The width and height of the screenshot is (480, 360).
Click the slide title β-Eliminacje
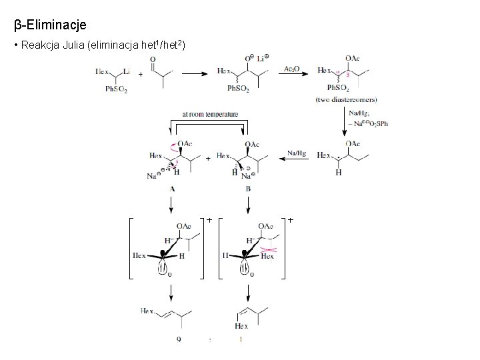coord(50,25)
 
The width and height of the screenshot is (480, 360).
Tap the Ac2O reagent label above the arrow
coord(292,68)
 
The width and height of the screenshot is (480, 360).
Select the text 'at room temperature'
coord(209,115)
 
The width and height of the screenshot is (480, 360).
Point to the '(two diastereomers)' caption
coord(346,99)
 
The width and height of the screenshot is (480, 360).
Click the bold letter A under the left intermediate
coord(172,189)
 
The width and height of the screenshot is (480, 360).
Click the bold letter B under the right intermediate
coord(248,189)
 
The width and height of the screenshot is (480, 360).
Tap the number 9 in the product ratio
coord(179,340)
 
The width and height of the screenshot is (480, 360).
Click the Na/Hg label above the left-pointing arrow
coord(297,153)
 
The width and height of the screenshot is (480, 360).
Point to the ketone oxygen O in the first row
coord(153,59)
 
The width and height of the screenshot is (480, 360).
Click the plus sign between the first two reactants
coord(140,75)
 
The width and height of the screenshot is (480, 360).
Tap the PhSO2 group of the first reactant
coord(116,89)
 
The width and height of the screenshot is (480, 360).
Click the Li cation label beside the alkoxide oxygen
coord(262,59)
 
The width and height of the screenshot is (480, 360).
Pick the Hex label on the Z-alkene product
coord(241,326)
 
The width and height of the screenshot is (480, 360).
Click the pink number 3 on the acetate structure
coord(347,75)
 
